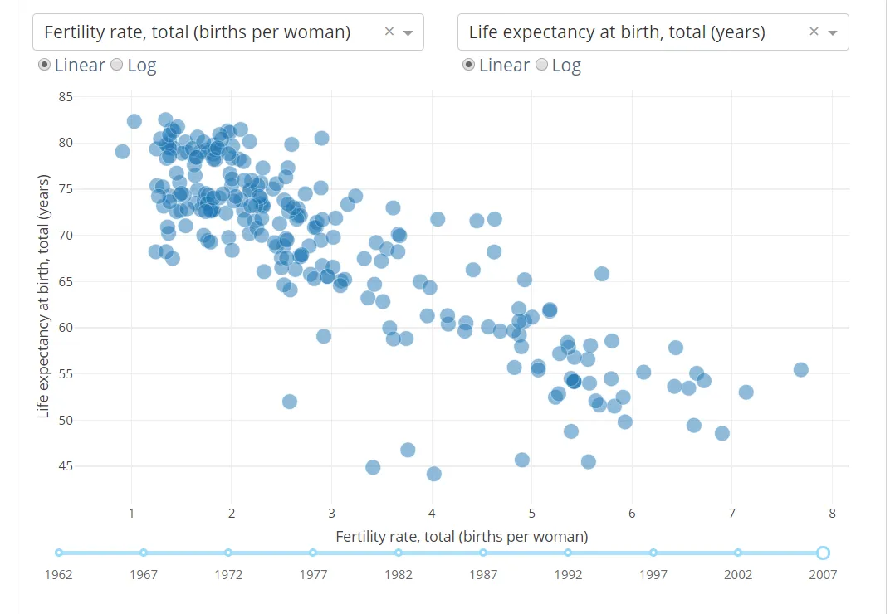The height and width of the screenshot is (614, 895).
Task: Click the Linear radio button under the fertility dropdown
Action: click(45, 65)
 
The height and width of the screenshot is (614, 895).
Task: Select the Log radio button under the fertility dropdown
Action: click(117, 65)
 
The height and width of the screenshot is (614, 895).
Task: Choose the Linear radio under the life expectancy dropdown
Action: click(469, 65)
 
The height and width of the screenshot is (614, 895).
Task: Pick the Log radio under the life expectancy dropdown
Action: click(542, 65)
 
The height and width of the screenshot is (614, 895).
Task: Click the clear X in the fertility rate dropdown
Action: click(389, 32)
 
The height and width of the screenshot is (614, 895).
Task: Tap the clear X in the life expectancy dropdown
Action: click(814, 32)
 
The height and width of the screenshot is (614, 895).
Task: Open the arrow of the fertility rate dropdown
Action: click(408, 33)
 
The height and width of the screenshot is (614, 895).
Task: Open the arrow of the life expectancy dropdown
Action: click(833, 33)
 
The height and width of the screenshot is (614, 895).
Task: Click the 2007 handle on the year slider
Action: click(823, 553)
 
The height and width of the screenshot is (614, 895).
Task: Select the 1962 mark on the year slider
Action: click(59, 553)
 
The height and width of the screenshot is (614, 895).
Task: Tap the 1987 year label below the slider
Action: click(483, 574)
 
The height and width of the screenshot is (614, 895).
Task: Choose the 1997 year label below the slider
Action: click(653, 574)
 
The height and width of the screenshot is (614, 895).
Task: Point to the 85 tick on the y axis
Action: click(66, 97)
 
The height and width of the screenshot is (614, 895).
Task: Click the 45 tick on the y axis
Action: click(66, 466)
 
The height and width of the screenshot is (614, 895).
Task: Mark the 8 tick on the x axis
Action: click(832, 513)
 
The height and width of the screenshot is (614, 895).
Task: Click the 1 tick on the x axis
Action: click(131, 513)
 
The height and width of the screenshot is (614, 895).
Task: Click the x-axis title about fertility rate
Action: click(462, 537)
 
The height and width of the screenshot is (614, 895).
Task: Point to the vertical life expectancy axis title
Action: click(44, 296)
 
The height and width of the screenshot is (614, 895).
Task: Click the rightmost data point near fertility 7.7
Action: click(800, 369)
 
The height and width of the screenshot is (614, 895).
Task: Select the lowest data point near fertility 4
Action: click(433, 474)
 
